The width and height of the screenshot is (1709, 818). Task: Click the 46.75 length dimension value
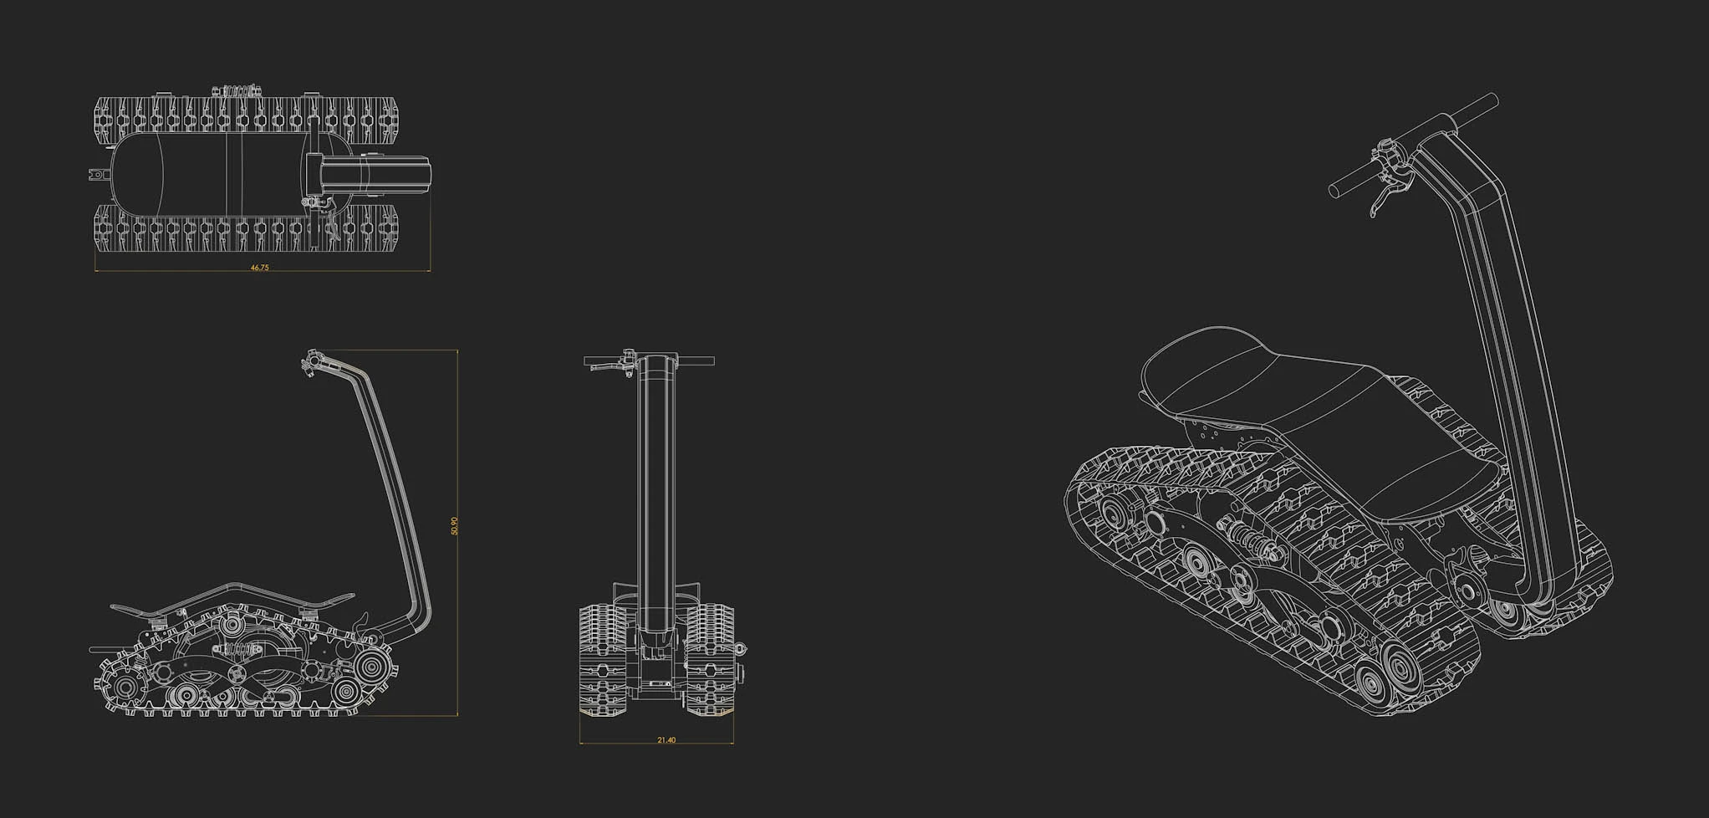(x=260, y=268)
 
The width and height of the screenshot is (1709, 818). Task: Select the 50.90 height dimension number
(x=454, y=526)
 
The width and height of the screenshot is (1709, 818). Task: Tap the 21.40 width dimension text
(x=666, y=740)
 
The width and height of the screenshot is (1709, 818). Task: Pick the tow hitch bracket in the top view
(x=99, y=175)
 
